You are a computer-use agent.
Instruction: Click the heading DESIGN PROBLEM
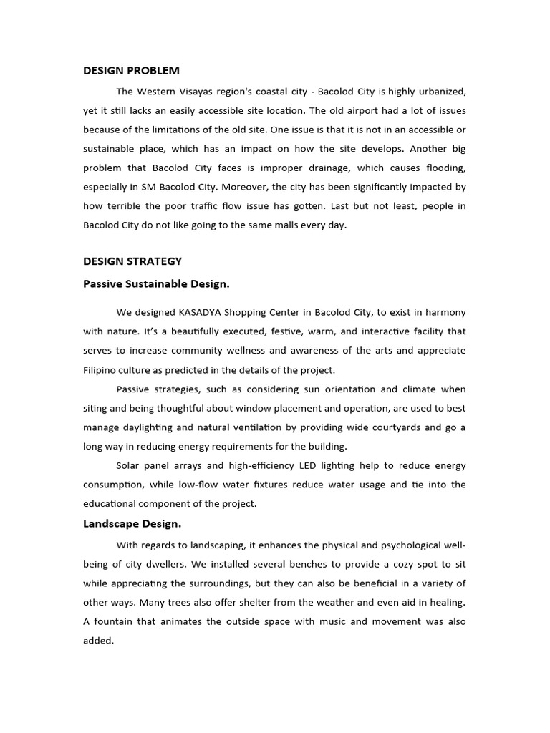coord(131,70)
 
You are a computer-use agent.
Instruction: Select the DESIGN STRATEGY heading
coord(132,261)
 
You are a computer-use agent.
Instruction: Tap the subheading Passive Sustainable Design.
coord(156,283)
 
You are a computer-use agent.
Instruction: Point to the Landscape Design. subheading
coord(132,523)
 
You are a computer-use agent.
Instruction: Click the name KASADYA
coord(204,312)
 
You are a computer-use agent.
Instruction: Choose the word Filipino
coord(100,370)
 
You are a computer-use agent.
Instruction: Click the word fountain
coord(116,621)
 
